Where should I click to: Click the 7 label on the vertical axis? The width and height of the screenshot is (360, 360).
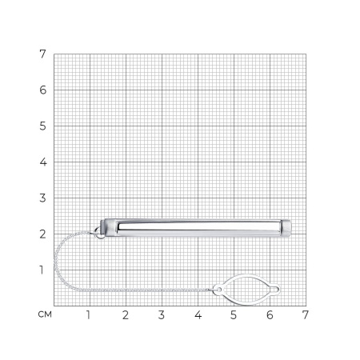[x=42, y=54]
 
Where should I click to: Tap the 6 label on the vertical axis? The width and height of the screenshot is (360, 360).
[x=42, y=90]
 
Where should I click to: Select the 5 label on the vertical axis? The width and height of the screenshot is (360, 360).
[x=42, y=126]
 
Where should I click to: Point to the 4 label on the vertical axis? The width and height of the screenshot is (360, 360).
[x=43, y=162]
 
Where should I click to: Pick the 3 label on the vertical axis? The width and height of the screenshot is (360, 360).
[x=42, y=198]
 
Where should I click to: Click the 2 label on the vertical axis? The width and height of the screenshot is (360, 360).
[x=42, y=234]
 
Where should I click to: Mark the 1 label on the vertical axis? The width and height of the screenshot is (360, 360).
[x=42, y=270]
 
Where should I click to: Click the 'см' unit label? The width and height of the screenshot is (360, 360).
[x=45, y=314]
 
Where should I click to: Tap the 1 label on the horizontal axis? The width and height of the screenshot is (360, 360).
[x=88, y=315]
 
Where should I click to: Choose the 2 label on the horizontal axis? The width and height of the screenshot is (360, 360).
[x=126, y=315]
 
